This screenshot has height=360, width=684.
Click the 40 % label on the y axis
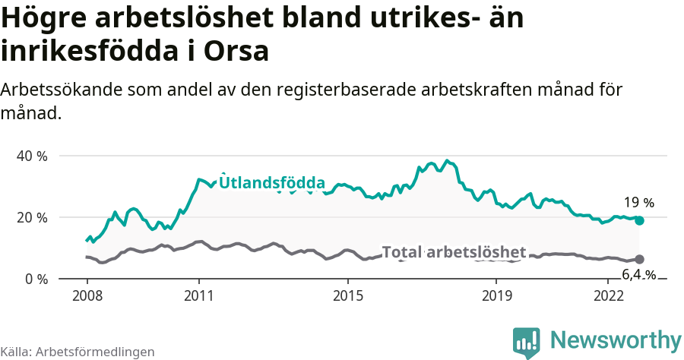click(x=31, y=156)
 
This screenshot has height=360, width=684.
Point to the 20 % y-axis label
click(x=31, y=217)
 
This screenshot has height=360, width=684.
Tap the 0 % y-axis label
click(x=35, y=279)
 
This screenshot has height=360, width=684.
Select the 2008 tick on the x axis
click(x=87, y=295)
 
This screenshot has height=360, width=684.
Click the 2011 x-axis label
click(x=198, y=295)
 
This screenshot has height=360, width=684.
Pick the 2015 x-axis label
click(x=347, y=295)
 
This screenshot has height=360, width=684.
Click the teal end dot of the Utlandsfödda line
click(x=640, y=220)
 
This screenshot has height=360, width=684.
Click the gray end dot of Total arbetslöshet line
click(x=640, y=259)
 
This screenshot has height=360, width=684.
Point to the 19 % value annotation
click(x=638, y=203)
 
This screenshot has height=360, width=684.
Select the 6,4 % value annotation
click(x=638, y=274)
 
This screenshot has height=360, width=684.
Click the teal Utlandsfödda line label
click(x=272, y=183)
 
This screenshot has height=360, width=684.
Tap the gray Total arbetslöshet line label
click(x=454, y=252)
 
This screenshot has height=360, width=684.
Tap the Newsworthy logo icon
click(x=527, y=342)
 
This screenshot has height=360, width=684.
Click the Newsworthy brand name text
click(x=616, y=339)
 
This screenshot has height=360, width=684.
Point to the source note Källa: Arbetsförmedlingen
click(x=78, y=352)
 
